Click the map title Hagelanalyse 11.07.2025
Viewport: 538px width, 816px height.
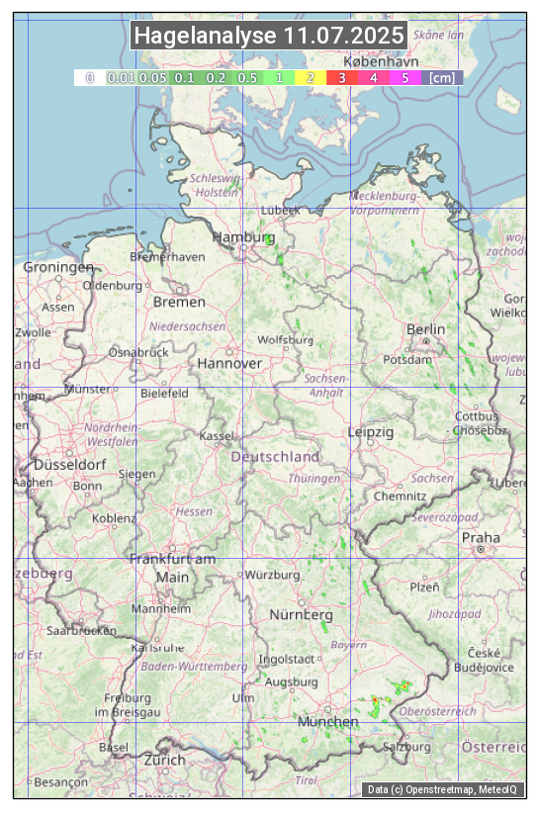pyautogui.click(x=269, y=36)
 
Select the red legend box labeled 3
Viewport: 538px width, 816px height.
pyautogui.click(x=341, y=77)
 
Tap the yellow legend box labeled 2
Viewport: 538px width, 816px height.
pyautogui.click(x=311, y=77)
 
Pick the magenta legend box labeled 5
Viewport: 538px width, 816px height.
pyautogui.click(x=404, y=77)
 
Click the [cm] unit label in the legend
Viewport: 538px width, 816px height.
pyautogui.click(x=442, y=77)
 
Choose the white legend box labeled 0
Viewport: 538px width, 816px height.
pyautogui.click(x=89, y=77)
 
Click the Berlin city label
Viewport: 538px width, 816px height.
pyautogui.click(x=425, y=329)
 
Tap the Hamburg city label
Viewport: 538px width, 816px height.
pyautogui.click(x=243, y=238)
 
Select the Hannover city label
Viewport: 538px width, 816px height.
pyautogui.click(x=229, y=363)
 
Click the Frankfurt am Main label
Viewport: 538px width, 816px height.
pyautogui.click(x=172, y=568)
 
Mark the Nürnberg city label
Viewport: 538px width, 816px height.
pyautogui.click(x=302, y=615)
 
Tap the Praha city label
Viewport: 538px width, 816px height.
pyautogui.click(x=481, y=537)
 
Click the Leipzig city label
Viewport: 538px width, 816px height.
pyautogui.click(x=371, y=432)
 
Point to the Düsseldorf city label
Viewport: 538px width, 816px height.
pyautogui.click(x=69, y=465)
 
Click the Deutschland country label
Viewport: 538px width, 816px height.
pyautogui.click(x=275, y=457)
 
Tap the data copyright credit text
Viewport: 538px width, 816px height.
pyautogui.click(x=442, y=789)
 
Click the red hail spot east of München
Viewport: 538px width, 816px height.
pyautogui.click(x=375, y=701)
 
